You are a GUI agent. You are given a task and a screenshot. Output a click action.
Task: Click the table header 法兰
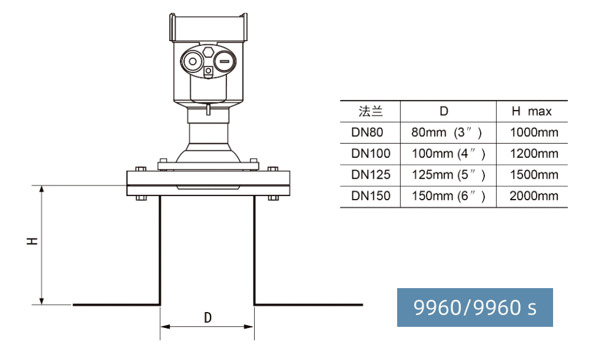pyautogui.click(x=370, y=111)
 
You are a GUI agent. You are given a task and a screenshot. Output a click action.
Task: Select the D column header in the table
pyautogui.click(x=444, y=111)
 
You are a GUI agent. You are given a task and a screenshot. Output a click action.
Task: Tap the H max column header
pyautogui.click(x=532, y=111)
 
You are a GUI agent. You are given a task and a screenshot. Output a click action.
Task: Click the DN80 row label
pyautogui.click(x=367, y=132)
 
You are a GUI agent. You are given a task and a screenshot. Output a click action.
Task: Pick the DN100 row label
pyautogui.click(x=371, y=154)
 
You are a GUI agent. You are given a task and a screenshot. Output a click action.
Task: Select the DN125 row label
pyautogui.click(x=371, y=174)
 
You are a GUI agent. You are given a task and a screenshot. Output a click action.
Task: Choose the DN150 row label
pyautogui.click(x=371, y=195)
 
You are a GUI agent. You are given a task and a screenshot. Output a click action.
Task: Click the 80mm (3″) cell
pyautogui.click(x=446, y=132)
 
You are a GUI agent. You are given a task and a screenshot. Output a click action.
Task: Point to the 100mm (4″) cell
pyautogui.click(x=449, y=154)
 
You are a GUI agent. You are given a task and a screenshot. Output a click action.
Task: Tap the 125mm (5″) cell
pyautogui.click(x=449, y=174)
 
